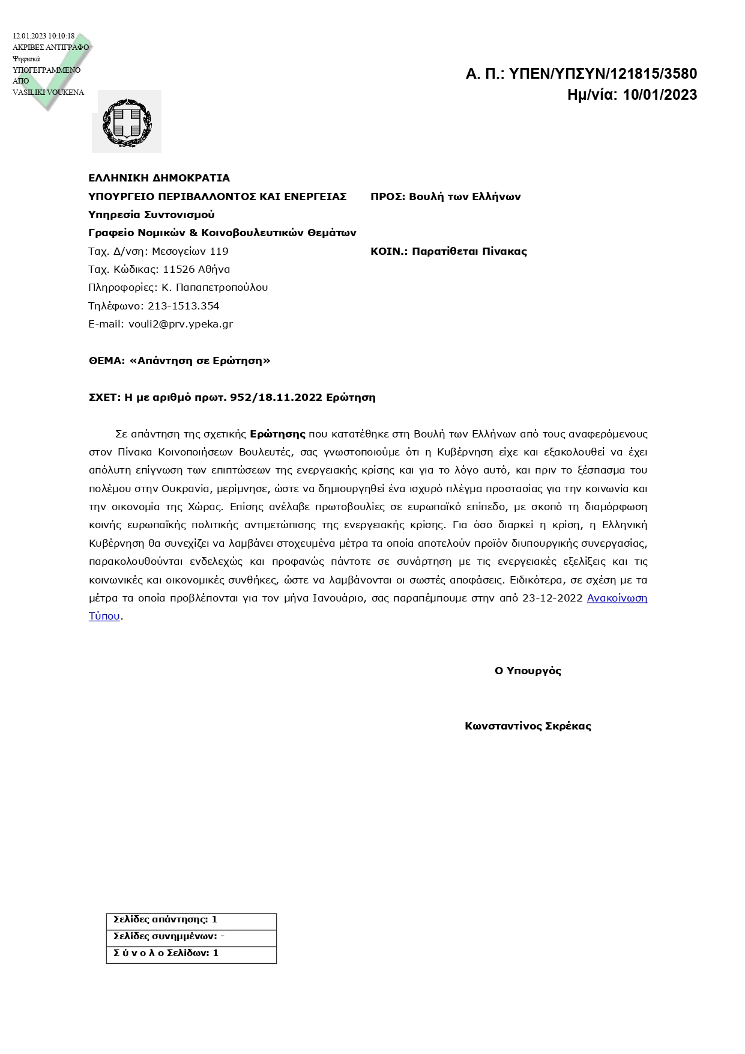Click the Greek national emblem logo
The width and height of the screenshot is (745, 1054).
[x=127, y=122]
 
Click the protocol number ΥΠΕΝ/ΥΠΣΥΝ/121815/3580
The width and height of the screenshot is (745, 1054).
[x=603, y=74]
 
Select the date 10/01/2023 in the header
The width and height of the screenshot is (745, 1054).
[x=660, y=95]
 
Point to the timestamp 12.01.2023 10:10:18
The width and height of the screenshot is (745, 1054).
[x=44, y=36]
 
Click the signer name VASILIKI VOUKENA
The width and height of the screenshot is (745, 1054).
[x=48, y=93]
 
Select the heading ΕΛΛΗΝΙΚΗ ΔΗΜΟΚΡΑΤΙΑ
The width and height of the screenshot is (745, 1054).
[x=159, y=178]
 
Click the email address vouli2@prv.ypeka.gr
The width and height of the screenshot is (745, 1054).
[x=181, y=324]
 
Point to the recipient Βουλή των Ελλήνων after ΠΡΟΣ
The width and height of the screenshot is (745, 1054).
[x=465, y=196]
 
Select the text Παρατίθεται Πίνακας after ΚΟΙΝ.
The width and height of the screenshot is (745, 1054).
[x=469, y=251]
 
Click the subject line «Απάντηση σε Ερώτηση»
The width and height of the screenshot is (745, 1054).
[x=200, y=361]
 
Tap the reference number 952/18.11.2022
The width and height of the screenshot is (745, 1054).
[x=277, y=397]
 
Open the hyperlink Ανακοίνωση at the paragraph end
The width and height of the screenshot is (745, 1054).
[x=617, y=598]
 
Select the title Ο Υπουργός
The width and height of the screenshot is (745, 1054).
[x=528, y=671]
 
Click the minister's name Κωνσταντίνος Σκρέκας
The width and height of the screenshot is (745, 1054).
[x=528, y=726]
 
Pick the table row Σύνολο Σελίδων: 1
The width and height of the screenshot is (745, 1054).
[x=166, y=953]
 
